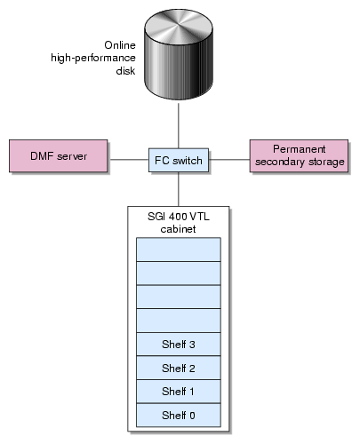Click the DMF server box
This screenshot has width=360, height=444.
pyautogui.click(x=59, y=155)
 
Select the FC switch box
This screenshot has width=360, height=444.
pyautogui.click(x=179, y=160)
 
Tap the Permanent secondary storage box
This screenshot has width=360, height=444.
pyautogui.click(x=299, y=155)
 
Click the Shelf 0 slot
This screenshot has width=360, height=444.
pyautogui.click(x=179, y=416)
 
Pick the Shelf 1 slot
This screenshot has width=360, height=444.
pyautogui.click(x=179, y=392)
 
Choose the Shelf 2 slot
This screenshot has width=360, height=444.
pyautogui.click(x=179, y=368)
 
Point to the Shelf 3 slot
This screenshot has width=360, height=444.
pyautogui.click(x=179, y=345)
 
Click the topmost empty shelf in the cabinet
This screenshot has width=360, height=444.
pyautogui.click(x=179, y=250)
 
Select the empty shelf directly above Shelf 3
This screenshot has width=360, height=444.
pyautogui.click(x=179, y=321)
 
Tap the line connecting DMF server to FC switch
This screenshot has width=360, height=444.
pyautogui.click(x=128, y=160)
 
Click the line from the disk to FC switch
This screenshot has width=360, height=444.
pyautogui.click(x=179, y=124)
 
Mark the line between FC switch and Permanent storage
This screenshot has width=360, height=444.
pyautogui.click(x=229, y=160)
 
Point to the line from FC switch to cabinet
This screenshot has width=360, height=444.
pyautogui.click(x=179, y=189)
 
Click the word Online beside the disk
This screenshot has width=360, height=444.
pyautogui.click(x=120, y=45)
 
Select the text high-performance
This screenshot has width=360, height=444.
pyautogui.click(x=93, y=58)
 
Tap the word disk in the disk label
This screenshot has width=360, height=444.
pyautogui.click(x=125, y=71)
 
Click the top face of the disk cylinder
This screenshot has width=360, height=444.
pyautogui.click(x=179, y=26)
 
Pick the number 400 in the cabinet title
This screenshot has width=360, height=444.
pyautogui.click(x=178, y=217)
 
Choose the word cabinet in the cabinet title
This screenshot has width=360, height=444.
pyautogui.click(x=178, y=229)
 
